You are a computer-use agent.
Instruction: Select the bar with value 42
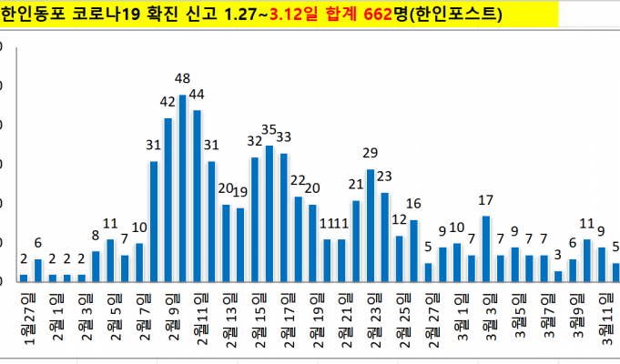tap(168, 199)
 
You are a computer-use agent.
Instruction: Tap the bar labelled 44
tap(197, 195)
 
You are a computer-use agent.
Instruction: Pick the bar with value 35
tap(269, 213)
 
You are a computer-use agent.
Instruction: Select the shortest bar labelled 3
tap(558, 276)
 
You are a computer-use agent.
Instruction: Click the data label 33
tap(283, 137)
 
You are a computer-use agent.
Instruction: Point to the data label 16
tap(413, 203)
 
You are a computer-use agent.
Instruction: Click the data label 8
tap(95, 235)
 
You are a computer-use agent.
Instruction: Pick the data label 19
tap(239, 192)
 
